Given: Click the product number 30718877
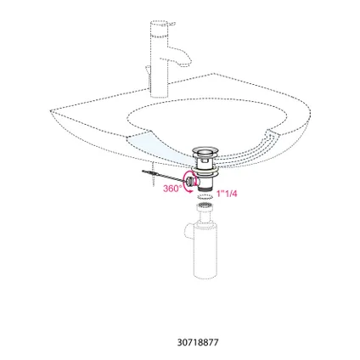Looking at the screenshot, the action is (x=198, y=342).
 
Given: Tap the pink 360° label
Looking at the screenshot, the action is (x=172, y=188).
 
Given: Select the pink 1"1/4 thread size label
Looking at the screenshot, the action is (x=227, y=194).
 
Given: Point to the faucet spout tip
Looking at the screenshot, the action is (x=188, y=65).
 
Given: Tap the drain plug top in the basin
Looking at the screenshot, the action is (x=205, y=150).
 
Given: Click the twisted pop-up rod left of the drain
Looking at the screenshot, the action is (x=163, y=176).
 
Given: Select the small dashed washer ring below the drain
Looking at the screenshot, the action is (x=205, y=196).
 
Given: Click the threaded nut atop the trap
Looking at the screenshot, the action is (x=205, y=206).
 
